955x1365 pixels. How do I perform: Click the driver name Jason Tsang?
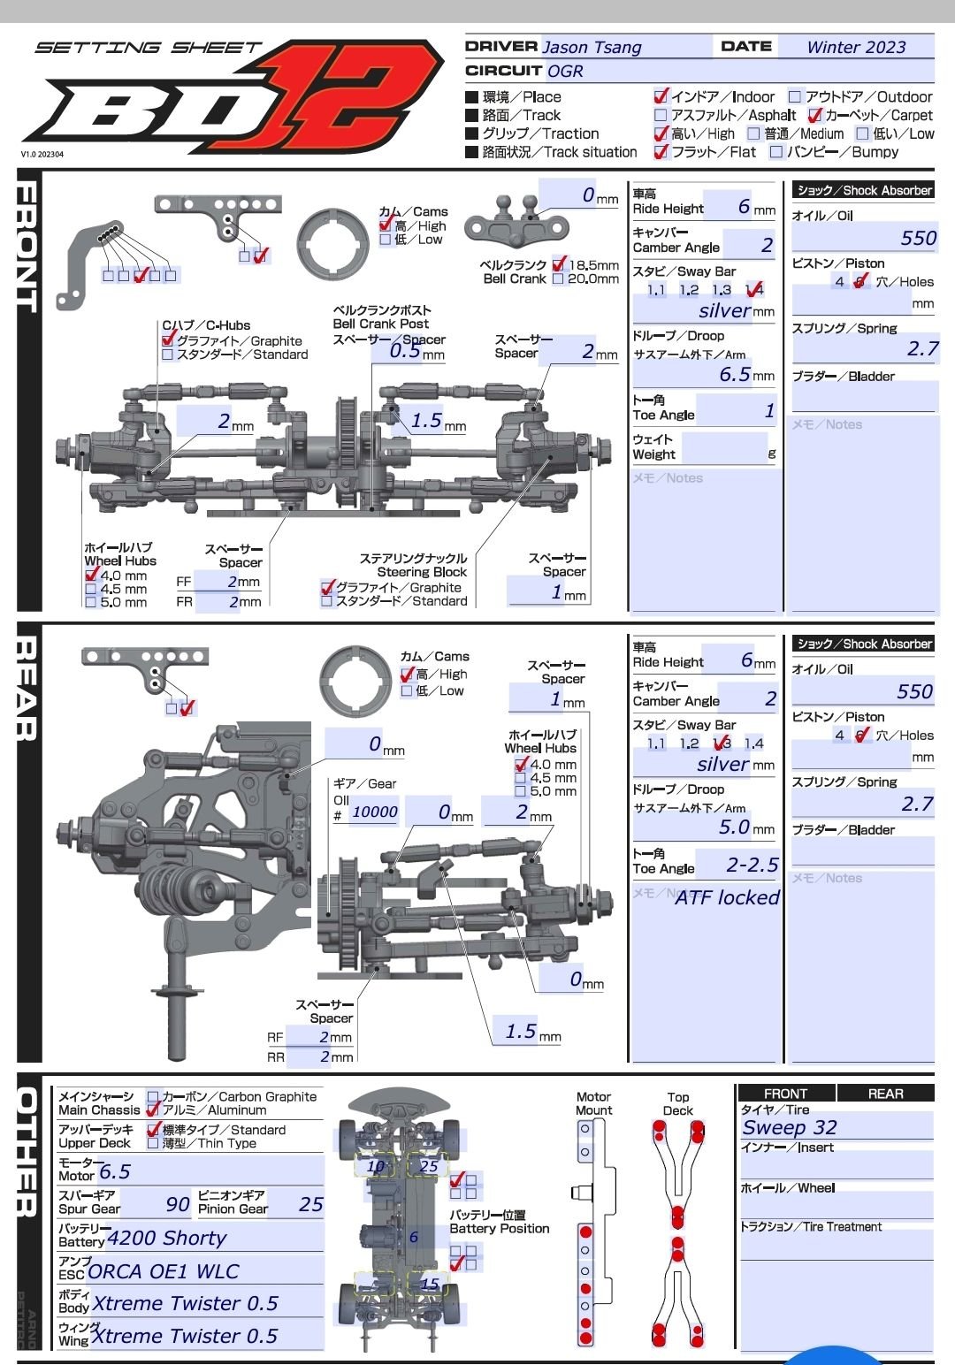pyautogui.click(x=592, y=47)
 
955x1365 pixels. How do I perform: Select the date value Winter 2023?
pyautogui.click(x=856, y=47)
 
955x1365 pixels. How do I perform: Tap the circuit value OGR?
pyautogui.click(x=565, y=71)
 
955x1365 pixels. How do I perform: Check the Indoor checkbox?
pyautogui.click(x=661, y=97)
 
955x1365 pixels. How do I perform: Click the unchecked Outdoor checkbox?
pyautogui.click(x=794, y=97)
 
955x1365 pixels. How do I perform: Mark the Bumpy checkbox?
pyautogui.click(x=775, y=152)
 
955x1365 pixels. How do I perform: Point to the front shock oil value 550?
pyautogui.click(x=918, y=238)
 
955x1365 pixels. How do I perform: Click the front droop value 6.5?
pyautogui.click(x=734, y=374)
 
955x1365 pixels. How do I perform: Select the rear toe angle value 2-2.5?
pyautogui.click(x=752, y=864)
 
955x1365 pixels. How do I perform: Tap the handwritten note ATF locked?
pyautogui.click(x=727, y=897)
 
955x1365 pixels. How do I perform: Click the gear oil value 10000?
pyautogui.click(x=375, y=812)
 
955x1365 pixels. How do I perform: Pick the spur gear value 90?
pyautogui.click(x=178, y=1204)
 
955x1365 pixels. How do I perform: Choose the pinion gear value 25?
pyautogui.click(x=310, y=1204)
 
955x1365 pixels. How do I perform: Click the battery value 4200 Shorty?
pyautogui.click(x=166, y=1238)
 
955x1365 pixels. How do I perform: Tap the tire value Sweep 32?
pyautogui.click(x=789, y=1127)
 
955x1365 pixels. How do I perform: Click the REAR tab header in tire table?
pyautogui.click(x=885, y=1094)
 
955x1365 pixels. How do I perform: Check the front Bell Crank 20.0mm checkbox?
pyautogui.click(x=558, y=278)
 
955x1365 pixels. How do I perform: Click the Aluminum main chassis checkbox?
pyautogui.click(x=153, y=1110)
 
